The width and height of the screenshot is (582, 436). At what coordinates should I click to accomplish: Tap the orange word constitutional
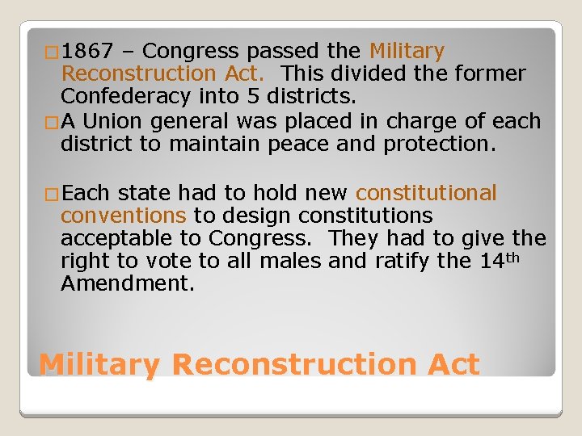(x=426, y=194)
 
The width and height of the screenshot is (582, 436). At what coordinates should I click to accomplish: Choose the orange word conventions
(x=123, y=216)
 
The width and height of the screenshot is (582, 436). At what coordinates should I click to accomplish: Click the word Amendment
(x=128, y=284)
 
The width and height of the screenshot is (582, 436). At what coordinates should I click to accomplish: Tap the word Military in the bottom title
(x=99, y=365)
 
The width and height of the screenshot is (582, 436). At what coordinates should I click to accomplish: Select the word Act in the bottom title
(x=450, y=365)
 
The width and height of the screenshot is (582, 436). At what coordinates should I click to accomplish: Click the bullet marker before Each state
(x=51, y=195)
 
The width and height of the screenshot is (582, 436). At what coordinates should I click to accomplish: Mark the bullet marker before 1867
(x=51, y=53)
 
